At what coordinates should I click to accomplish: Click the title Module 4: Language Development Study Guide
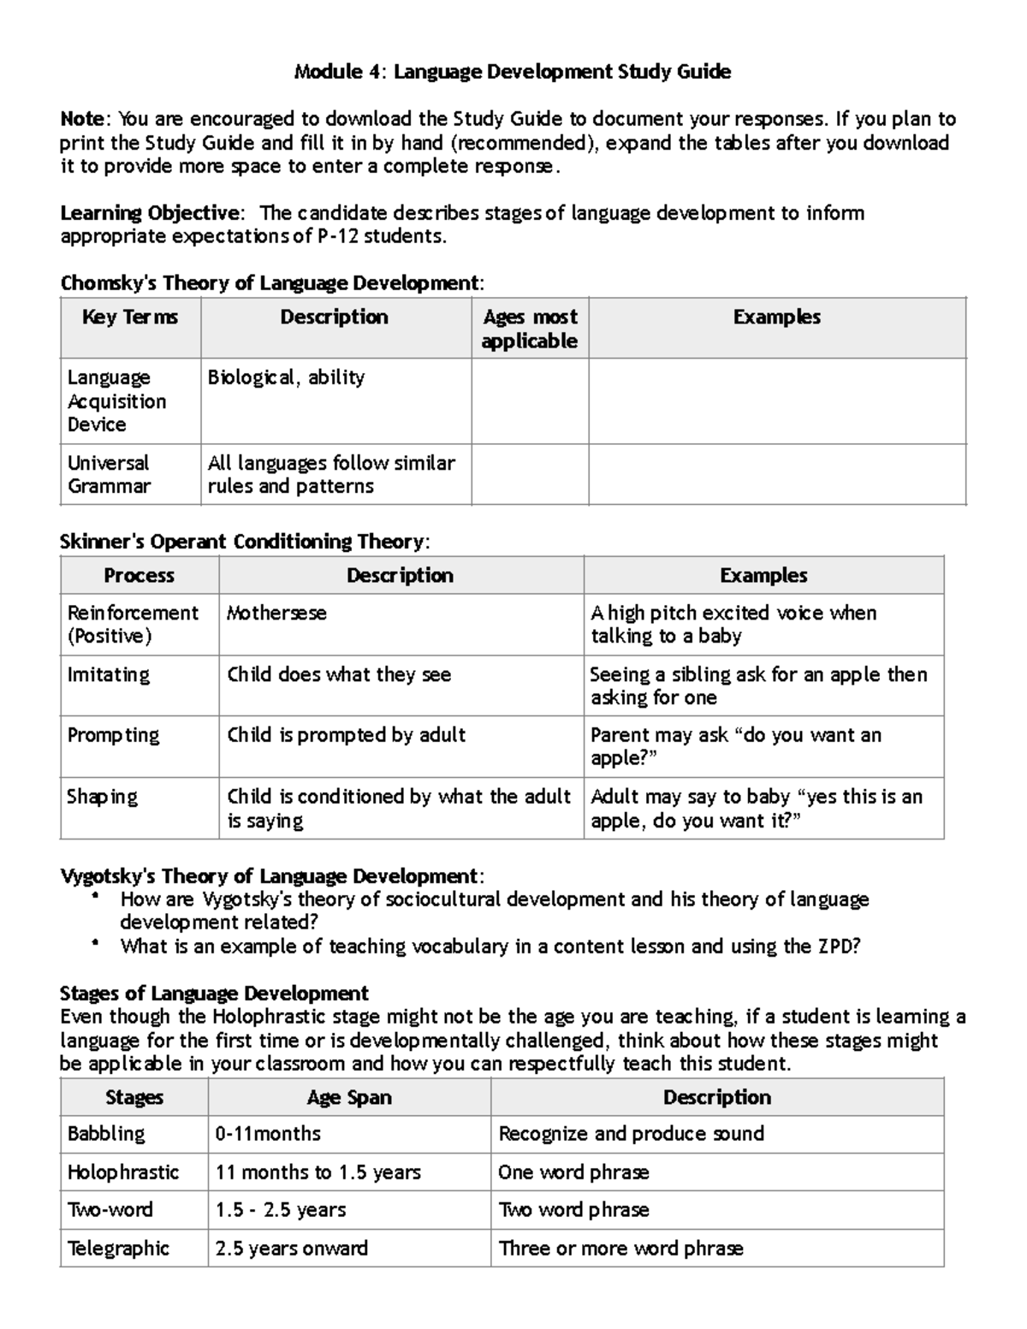(x=512, y=72)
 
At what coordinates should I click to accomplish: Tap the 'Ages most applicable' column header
(x=529, y=329)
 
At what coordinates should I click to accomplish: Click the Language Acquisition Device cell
(x=116, y=400)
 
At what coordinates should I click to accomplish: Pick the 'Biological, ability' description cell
(x=286, y=377)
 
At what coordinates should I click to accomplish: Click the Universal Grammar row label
(x=109, y=474)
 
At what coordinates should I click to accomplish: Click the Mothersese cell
(x=276, y=613)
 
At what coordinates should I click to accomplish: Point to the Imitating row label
(x=108, y=674)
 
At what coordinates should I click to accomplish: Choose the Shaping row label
(x=102, y=797)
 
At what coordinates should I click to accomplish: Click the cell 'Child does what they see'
(x=339, y=674)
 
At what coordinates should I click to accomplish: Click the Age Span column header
(x=349, y=1097)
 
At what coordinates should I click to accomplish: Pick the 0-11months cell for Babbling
(x=268, y=1134)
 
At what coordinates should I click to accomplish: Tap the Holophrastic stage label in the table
(x=123, y=1172)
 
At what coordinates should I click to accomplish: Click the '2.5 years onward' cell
(x=291, y=1249)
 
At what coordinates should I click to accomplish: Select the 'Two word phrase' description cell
(x=573, y=1210)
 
